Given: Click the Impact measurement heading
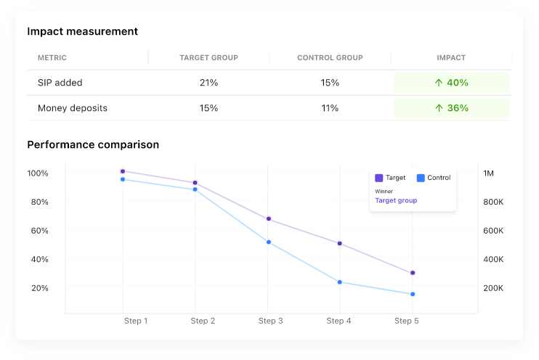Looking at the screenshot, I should (83, 31).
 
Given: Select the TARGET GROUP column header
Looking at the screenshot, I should (208, 58).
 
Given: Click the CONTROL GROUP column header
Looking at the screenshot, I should (330, 58).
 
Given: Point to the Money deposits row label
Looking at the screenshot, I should (73, 108).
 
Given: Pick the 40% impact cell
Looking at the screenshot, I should (451, 83).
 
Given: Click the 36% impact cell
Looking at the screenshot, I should (451, 108).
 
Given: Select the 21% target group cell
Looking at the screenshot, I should (208, 83).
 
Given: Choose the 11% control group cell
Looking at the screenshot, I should (330, 108).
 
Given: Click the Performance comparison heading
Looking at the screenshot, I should (93, 144).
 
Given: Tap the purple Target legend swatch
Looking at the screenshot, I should (378, 178).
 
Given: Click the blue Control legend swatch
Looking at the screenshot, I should (421, 178).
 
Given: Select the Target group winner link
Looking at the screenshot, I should (396, 200).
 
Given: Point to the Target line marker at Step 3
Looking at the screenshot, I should (268, 218).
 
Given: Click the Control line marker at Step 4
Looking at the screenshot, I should (340, 282).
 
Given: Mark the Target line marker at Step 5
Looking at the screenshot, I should (413, 273).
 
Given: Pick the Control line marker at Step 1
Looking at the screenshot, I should (123, 179).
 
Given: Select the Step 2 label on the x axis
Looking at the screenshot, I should (203, 321).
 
